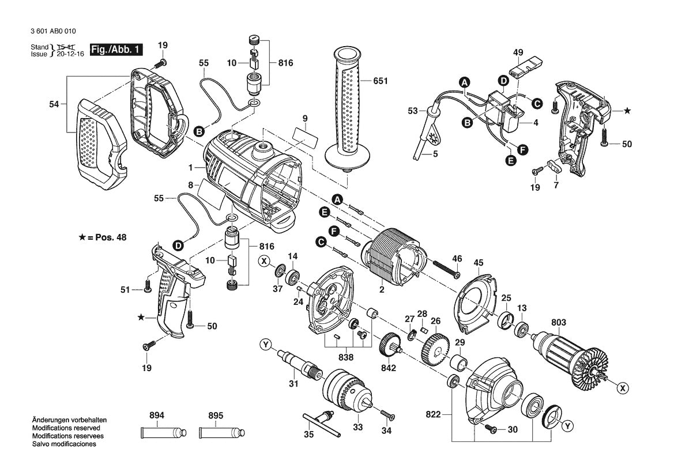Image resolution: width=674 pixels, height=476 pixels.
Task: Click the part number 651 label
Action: click(x=380, y=81)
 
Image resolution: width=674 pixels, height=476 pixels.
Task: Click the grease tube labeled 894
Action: click(x=164, y=432)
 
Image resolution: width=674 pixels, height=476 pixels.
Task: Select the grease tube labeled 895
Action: click(x=221, y=432)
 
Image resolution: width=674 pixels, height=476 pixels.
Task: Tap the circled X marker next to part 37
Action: click(x=265, y=260)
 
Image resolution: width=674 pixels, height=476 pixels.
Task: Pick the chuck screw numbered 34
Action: click(x=386, y=413)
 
